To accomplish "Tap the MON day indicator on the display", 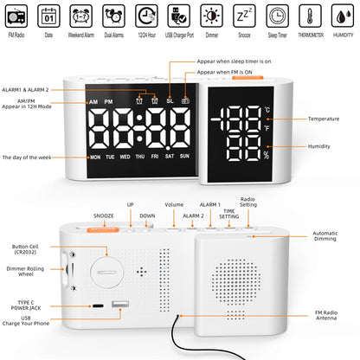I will click(x=94, y=157).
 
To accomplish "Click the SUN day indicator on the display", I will click(x=183, y=157).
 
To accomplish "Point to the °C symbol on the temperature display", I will click(x=267, y=110).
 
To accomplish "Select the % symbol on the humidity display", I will click(x=267, y=156).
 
